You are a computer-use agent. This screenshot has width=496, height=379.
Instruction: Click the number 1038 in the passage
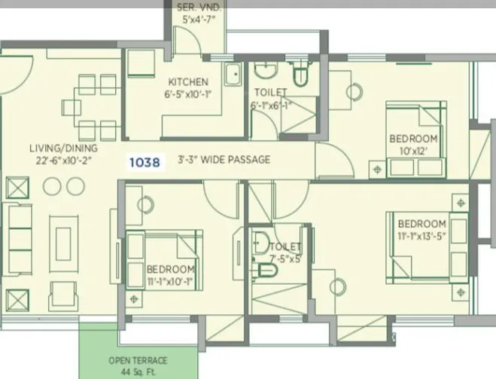(144, 161)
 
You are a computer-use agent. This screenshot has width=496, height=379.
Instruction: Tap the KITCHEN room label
(188, 82)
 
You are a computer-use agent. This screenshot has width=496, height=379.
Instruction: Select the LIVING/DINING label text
(59, 148)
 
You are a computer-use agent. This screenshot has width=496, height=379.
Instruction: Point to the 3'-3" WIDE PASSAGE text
(224, 160)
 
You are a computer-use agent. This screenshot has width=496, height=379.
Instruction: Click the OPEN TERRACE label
(137, 360)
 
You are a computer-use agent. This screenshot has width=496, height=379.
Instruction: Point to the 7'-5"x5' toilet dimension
(287, 259)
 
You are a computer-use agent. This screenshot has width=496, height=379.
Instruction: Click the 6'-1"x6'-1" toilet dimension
(269, 105)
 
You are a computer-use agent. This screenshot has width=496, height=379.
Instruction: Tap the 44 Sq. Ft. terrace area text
(137, 371)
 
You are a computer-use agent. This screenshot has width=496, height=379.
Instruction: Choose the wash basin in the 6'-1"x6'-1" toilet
(265, 72)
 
